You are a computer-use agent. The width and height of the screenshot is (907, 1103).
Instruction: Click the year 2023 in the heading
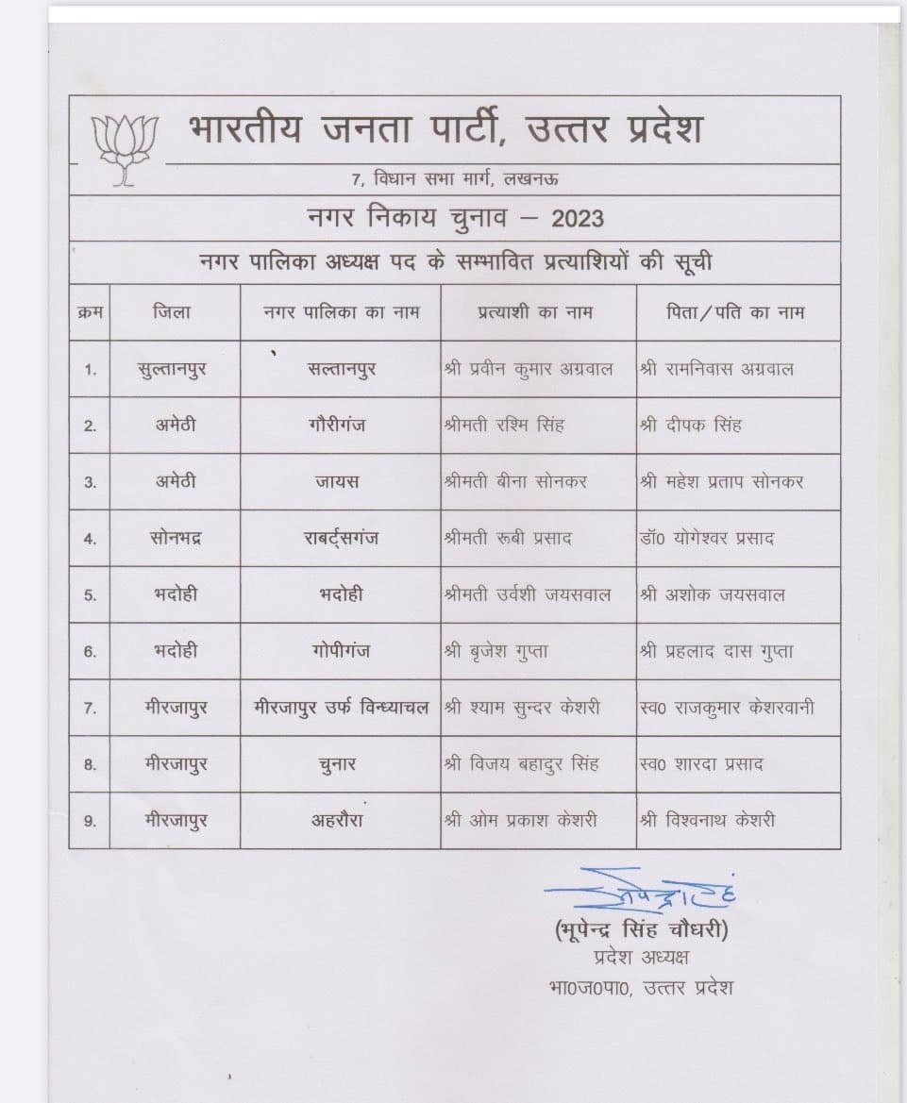(578, 219)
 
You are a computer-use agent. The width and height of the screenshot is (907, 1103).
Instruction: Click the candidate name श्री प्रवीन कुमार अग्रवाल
(529, 369)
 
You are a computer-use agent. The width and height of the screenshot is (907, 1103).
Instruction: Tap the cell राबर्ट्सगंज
(340, 539)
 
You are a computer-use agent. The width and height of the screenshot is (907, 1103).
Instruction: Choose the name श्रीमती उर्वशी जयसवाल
(528, 594)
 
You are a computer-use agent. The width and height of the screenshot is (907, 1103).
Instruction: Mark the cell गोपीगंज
(340, 651)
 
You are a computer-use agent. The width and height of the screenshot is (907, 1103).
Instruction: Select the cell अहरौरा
(338, 820)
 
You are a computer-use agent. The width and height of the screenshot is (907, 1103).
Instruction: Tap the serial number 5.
(90, 596)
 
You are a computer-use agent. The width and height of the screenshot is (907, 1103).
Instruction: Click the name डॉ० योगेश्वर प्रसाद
(708, 539)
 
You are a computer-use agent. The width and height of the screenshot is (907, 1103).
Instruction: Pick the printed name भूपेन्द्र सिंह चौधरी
(642, 930)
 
